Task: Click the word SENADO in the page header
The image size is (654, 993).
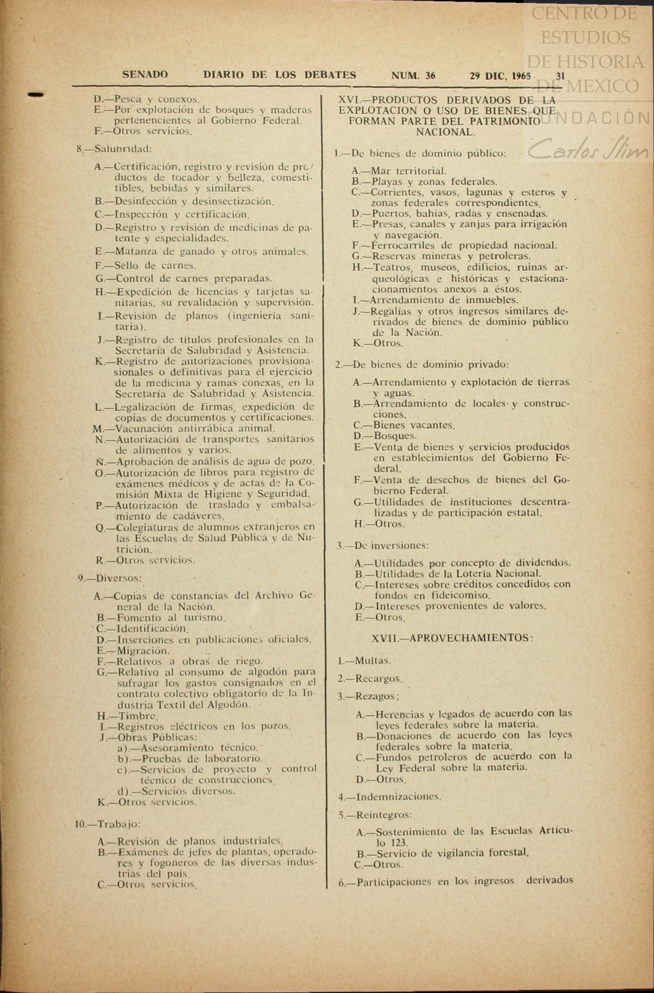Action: click(x=145, y=75)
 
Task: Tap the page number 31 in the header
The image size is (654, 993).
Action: click(x=560, y=75)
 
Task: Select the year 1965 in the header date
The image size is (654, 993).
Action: click(x=520, y=75)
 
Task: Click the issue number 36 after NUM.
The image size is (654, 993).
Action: click(x=430, y=75)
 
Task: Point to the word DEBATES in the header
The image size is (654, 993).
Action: click(x=330, y=75)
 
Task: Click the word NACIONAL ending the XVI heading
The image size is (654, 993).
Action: click(x=446, y=132)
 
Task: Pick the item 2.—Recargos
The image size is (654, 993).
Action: click(x=369, y=678)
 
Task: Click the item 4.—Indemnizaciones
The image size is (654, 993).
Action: click(x=390, y=797)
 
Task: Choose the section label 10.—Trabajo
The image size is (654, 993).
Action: click(x=108, y=824)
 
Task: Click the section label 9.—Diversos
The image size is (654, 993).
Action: click(x=110, y=578)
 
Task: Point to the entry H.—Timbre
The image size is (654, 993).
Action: click(x=127, y=716)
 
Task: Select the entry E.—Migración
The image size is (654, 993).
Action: click(x=133, y=650)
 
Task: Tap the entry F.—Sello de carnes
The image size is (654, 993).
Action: click(x=145, y=265)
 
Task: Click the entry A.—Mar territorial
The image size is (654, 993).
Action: click(x=399, y=171)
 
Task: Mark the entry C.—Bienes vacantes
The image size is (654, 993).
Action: click(x=404, y=425)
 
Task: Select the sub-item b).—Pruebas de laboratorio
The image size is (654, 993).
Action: click(x=190, y=758)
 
